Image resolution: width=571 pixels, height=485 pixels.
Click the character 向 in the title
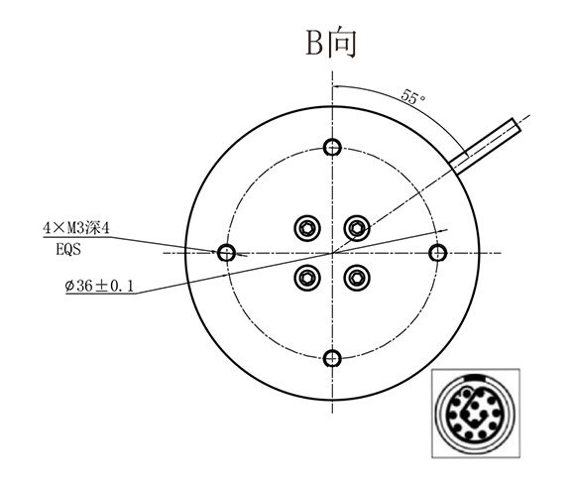(x=343, y=43)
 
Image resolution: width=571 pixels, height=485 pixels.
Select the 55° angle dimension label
(x=413, y=97)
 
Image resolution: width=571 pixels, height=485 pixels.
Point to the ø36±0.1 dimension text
(x=98, y=288)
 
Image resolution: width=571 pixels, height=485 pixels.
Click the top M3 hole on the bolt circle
(x=332, y=148)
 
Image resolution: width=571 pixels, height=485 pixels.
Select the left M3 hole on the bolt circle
(x=227, y=253)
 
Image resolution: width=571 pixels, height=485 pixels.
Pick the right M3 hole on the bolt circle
(x=437, y=252)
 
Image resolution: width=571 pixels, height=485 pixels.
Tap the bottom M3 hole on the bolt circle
(x=332, y=357)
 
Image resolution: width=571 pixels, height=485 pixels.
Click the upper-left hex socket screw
(x=305, y=229)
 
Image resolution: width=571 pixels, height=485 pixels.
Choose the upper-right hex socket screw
(x=356, y=229)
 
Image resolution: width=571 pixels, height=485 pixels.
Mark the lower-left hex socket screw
(x=305, y=278)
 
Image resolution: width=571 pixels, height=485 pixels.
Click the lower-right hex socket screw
(x=356, y=278)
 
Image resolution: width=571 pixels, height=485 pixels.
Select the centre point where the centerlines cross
(x=331, y=253)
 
